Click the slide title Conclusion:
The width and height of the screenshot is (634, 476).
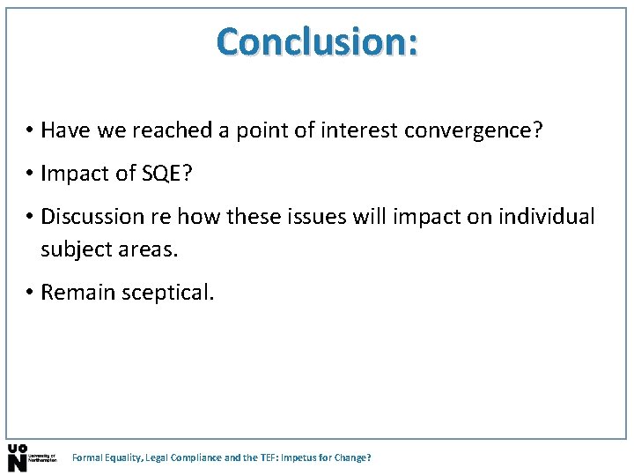tap(318, 41)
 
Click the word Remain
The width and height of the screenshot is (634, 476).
tap(76, 293)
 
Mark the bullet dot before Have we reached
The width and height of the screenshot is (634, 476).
tap(29, 131)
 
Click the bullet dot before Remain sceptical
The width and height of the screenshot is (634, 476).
tap(29, 293)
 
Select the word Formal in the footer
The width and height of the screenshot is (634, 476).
tap(86, 458)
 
